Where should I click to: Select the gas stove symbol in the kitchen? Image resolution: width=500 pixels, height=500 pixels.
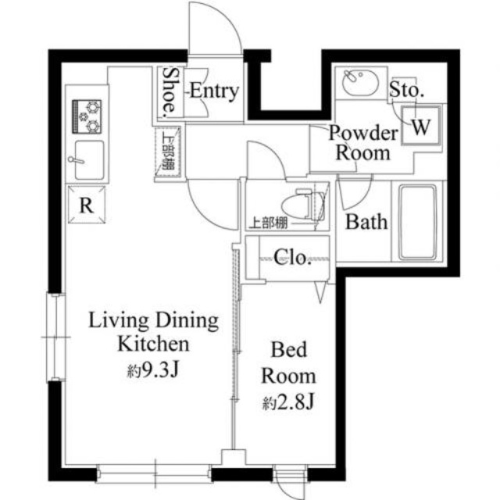(87, 116)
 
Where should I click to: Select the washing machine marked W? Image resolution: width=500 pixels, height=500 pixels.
(420, 127)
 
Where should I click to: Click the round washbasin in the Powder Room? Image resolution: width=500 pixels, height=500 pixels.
(359, 82)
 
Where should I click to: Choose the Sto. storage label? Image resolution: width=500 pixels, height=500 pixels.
(406, 90)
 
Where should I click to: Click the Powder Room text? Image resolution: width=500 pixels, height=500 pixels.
(362, 142)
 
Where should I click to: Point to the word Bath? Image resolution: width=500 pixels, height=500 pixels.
(366, 222)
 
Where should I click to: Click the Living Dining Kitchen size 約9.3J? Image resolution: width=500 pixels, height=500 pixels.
(153, 368)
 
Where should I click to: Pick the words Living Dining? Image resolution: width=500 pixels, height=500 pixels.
(153, 320)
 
